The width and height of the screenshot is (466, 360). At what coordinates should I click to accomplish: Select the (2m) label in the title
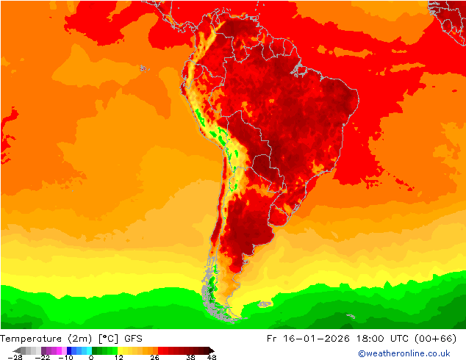click(x=78, y=339)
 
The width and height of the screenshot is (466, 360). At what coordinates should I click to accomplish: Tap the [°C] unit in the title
click(x=107, y=339)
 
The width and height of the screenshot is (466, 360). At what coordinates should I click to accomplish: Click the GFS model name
click(x=133, y=339)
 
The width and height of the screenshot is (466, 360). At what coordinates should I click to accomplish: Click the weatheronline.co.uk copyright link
click(x=404, y=353)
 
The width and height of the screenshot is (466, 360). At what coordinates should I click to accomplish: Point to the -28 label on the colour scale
click(x=14, y=357)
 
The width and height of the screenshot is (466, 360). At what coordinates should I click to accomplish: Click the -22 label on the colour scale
click(x=42, y=357)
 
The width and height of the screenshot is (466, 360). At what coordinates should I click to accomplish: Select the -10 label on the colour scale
click(x=65, y=357)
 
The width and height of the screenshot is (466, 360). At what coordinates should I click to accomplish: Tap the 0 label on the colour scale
click(x=91, y=357)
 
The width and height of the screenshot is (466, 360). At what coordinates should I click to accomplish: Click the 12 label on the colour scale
click(x=118, y=357)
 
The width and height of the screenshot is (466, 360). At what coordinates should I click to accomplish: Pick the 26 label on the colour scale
click(x=154, y=357)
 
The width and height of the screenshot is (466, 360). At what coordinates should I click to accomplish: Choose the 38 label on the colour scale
click(x=190, y=357)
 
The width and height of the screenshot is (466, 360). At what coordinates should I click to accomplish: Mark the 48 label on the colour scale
click(x=212, y=357)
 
